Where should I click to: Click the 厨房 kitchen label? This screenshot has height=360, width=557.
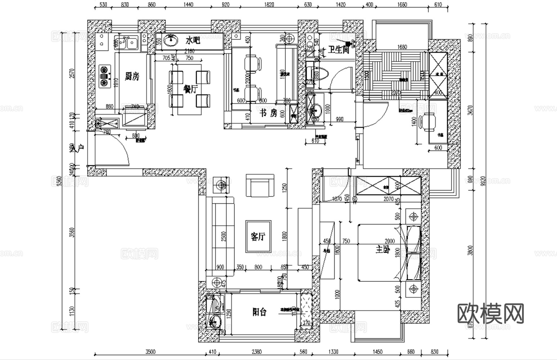[132, 76]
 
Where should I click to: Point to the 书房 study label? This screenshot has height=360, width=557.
[268, 114]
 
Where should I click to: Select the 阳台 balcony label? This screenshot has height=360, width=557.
[259, 312]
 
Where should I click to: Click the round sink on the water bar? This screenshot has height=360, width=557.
[169, 41]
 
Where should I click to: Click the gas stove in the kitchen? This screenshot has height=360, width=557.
[104, 76]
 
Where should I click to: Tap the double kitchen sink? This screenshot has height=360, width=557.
[126, 43]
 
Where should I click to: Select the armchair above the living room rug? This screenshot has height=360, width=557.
[259, 186]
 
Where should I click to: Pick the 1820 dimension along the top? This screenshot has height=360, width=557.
[269, 5]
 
